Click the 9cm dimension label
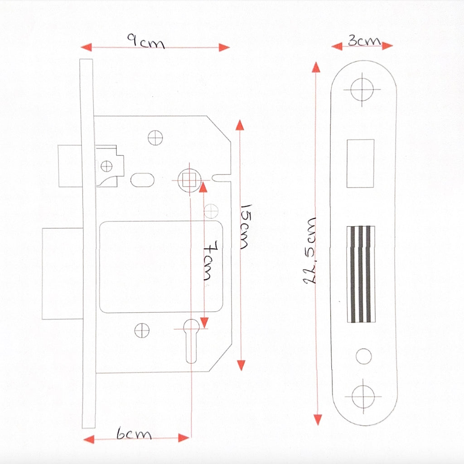tap(146, 41)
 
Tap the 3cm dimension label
tap(364, 40)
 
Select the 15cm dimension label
tap(246, 227)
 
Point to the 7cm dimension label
tap(211, 261)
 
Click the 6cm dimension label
tap(134, 434)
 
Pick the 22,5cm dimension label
tap(310, 251)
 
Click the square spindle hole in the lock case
tap(189, 180)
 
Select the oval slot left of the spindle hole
tap(142, 180)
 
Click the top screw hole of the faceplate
tap(362, 89)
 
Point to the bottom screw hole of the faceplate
tap(363, 396)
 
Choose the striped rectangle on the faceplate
tap(361, 274)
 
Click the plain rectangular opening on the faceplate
tap(360, 163)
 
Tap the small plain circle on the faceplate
tap(364, 356)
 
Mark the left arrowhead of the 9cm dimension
tap(86, 47)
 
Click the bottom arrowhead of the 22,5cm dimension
tap(318, 420)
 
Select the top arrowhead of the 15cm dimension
tap(240, 125)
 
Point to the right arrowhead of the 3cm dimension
tap(387, 46)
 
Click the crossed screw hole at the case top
tap(155, 138)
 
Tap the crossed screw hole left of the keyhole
tap(142, 330)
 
